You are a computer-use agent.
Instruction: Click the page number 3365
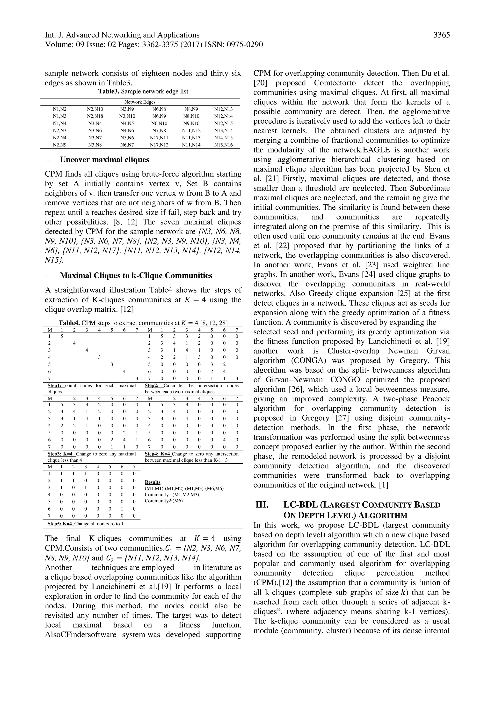point(442,35)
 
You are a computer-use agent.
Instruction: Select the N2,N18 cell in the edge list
point(95,116)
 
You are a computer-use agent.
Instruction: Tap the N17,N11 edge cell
point(159,138)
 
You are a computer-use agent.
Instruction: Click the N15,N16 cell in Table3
point(223,145)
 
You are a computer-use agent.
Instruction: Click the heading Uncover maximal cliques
point(104,160)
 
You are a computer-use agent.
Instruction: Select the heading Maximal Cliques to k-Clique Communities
point(136,276)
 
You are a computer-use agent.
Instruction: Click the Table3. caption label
point(109,91)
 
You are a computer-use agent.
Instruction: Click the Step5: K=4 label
point(61,524)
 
